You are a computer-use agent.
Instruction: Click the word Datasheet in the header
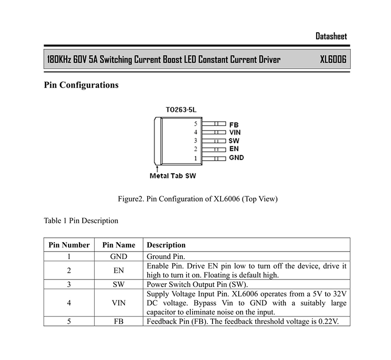[331, 36]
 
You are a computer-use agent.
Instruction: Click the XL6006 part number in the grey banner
[333, 59]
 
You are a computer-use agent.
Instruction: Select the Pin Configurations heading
[81, 85]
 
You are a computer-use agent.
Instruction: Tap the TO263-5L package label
[181, 110]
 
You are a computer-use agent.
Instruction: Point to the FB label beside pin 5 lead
[234, 125]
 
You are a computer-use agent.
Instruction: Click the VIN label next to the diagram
[235, 133]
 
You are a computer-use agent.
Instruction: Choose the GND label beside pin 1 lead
[236, 158]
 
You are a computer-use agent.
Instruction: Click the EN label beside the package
[234, 149]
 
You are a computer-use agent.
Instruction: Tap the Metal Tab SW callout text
[173, 176]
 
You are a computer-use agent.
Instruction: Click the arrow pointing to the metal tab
[157, 169]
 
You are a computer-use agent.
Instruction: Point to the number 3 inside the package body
[195, 141]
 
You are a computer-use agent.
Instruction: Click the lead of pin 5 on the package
[213, 124]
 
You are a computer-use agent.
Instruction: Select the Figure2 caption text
[198, 199]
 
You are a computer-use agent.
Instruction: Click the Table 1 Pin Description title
[81, 221]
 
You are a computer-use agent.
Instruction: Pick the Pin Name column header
[119, 245]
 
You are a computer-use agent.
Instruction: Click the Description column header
[166, 245]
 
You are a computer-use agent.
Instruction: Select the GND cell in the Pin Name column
[119, 256]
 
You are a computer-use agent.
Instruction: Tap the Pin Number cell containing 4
[69, 303]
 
